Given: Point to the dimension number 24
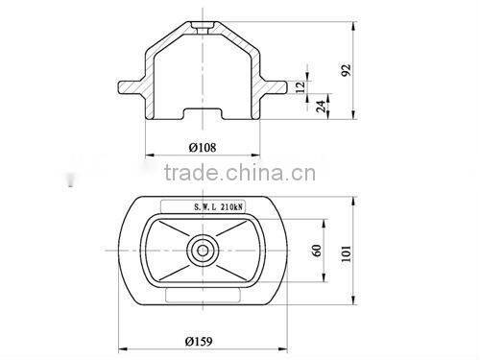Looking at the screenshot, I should click(x=320, y=106).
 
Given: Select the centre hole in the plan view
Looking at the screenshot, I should click(x=204, y=252).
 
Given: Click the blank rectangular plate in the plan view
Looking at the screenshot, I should click(x=204, y=297).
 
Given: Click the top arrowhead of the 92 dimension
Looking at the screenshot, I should click(x=357, y=19).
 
